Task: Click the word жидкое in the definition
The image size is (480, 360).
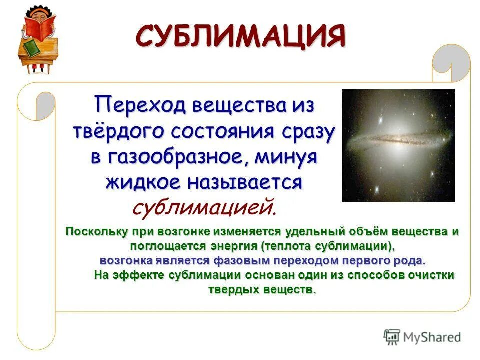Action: pos(143,182)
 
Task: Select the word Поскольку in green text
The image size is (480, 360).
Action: pos(95,232)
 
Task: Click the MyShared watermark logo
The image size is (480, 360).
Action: pos(422,337)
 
